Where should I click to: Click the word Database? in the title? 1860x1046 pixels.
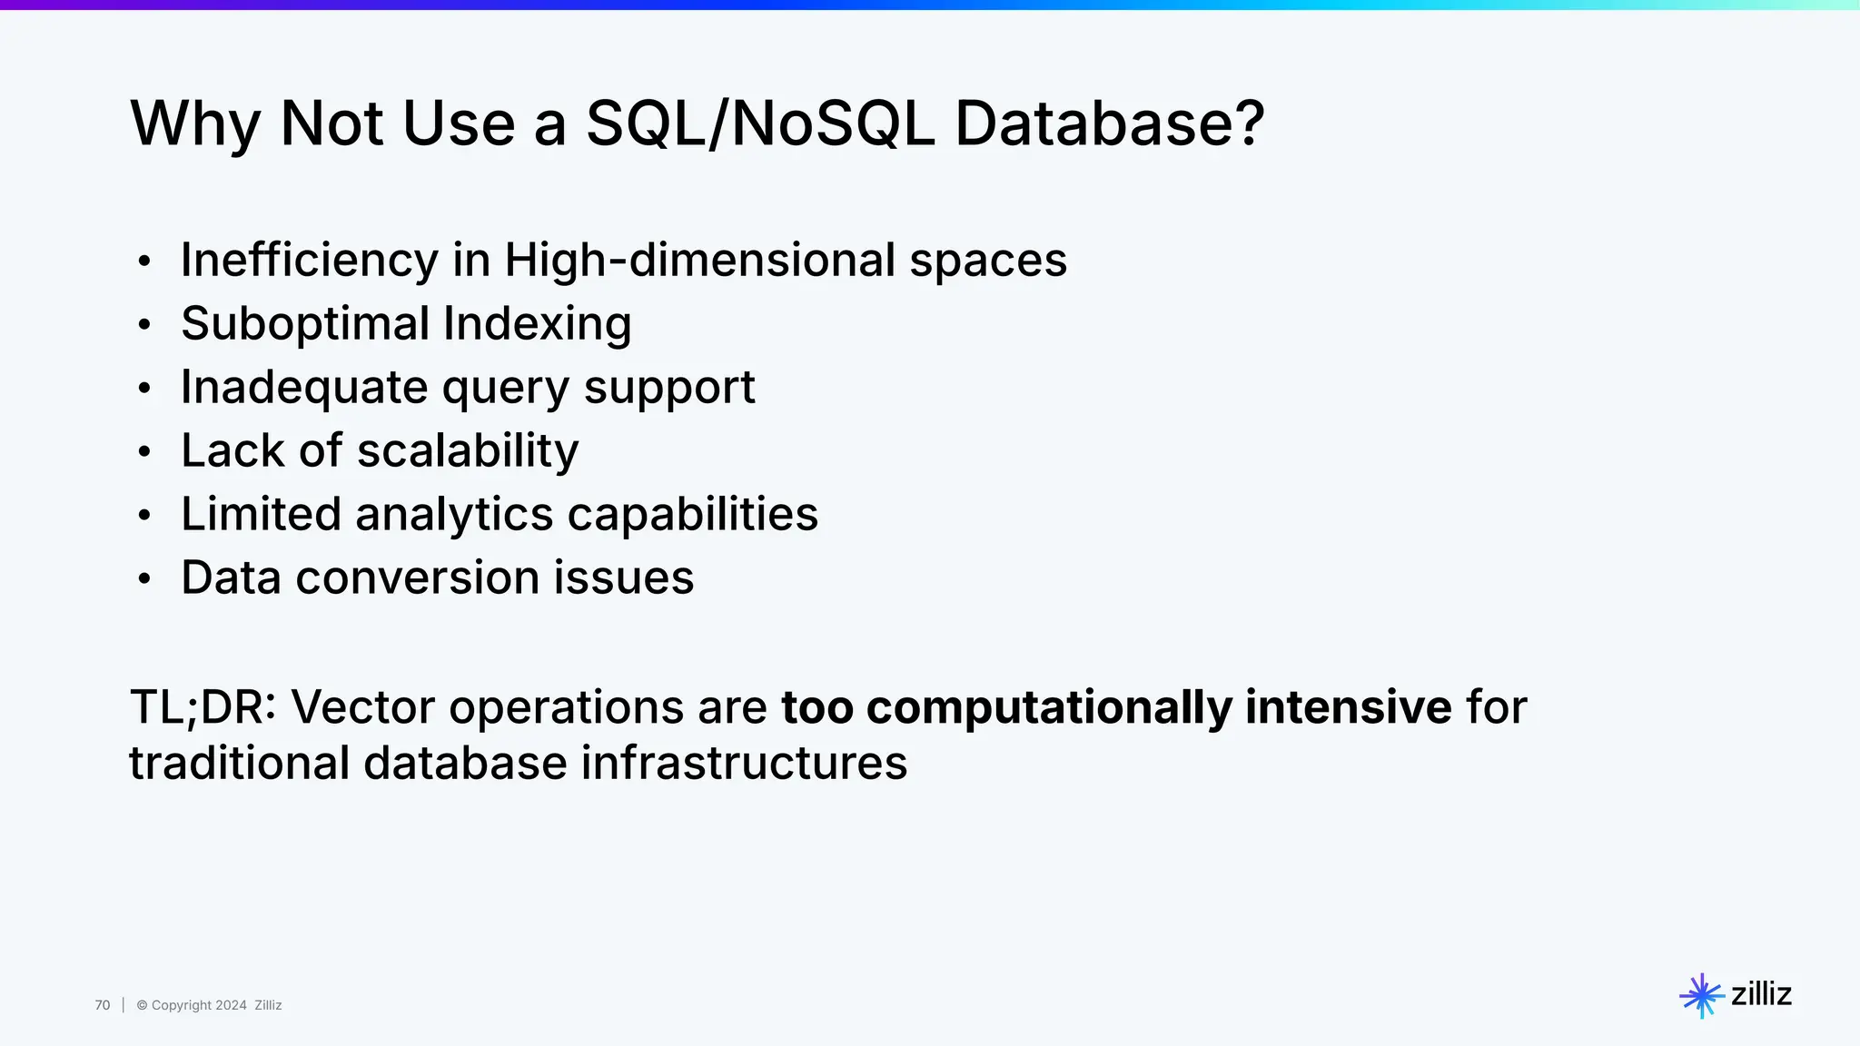[1109, 123]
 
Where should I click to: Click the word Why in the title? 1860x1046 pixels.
[195, 123]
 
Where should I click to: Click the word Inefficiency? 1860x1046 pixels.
[309, 261]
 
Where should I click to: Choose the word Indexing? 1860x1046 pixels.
[537, 324]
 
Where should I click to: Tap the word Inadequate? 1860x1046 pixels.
[303, 388]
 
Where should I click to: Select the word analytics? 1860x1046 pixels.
[453, 515]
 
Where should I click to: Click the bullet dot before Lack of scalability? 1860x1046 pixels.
[143, 452]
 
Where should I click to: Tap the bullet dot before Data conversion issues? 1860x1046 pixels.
[143, 579]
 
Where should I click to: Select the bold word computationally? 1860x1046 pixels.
[1048, 707]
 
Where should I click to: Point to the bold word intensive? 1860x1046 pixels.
[1348, 707]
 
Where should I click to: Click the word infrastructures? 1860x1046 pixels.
[744, 763]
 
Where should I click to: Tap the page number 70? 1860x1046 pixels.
[103, 1005]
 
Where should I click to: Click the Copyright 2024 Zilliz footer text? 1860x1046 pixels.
[209, 1005]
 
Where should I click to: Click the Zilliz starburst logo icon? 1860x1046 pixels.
[1701, 995]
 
